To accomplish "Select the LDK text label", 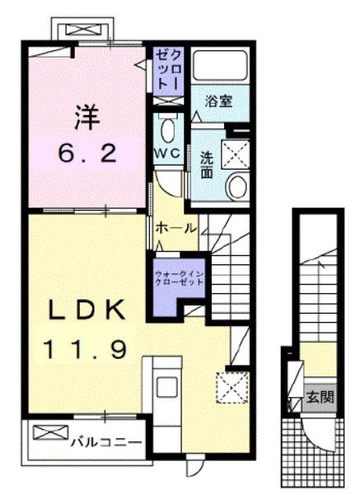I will click(x=86, y=310).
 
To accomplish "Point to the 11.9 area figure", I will click(x=86, y=350).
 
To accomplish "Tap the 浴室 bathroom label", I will click(x=218, y=102).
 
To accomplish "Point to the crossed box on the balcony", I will click(x=47, y=433).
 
